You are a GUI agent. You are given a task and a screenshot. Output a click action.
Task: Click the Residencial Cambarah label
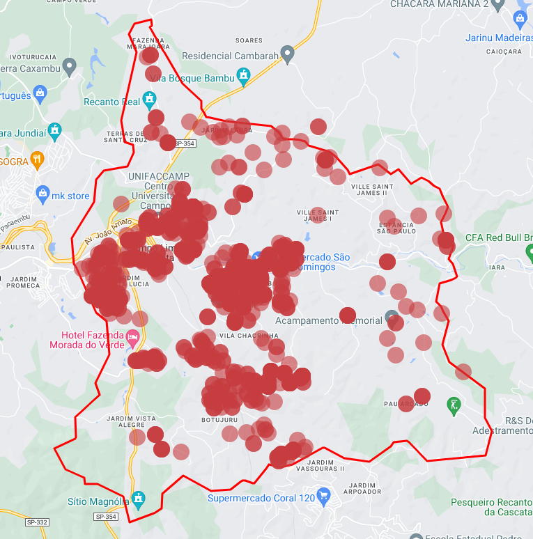coord(230,56)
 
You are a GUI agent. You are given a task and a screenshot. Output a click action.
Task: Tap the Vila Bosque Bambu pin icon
coord(243,76)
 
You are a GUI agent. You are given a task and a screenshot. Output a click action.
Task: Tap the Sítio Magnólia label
coord(98,501)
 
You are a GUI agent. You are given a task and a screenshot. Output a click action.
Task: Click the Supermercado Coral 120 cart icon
coord(323,497)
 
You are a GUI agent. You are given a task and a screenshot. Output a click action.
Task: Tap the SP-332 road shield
coord(38,522)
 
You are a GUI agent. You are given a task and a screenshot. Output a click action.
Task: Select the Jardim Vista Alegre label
coord(131,421)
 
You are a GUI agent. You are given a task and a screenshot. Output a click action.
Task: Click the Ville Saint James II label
coord(371,190)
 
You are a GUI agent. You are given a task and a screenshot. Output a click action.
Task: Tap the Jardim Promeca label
coord(24,281)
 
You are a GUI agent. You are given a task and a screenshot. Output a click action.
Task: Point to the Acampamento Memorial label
coord(329,321)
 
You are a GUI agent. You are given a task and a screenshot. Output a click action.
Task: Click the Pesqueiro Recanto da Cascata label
coord(491,506)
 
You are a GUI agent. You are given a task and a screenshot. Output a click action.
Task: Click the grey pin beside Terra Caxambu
coord(69,67)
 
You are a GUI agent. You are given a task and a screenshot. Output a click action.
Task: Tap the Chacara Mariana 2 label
coord(438,4)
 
